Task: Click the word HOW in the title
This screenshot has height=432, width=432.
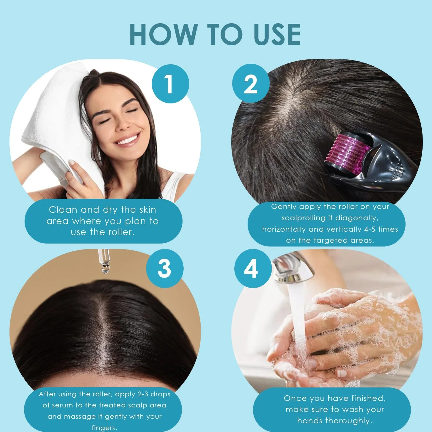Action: pyautogui.click(x=164, y=34)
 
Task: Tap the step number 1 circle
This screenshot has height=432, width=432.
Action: pyautogui.click(x=170, y=84)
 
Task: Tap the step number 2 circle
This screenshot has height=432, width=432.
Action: pyautogui.click(x=251, y=84)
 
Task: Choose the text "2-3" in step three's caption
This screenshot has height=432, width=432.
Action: pyautogui.click(x=143, y=394)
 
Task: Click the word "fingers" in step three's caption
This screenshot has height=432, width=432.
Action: pyautogui.click(x=104, y=428)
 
